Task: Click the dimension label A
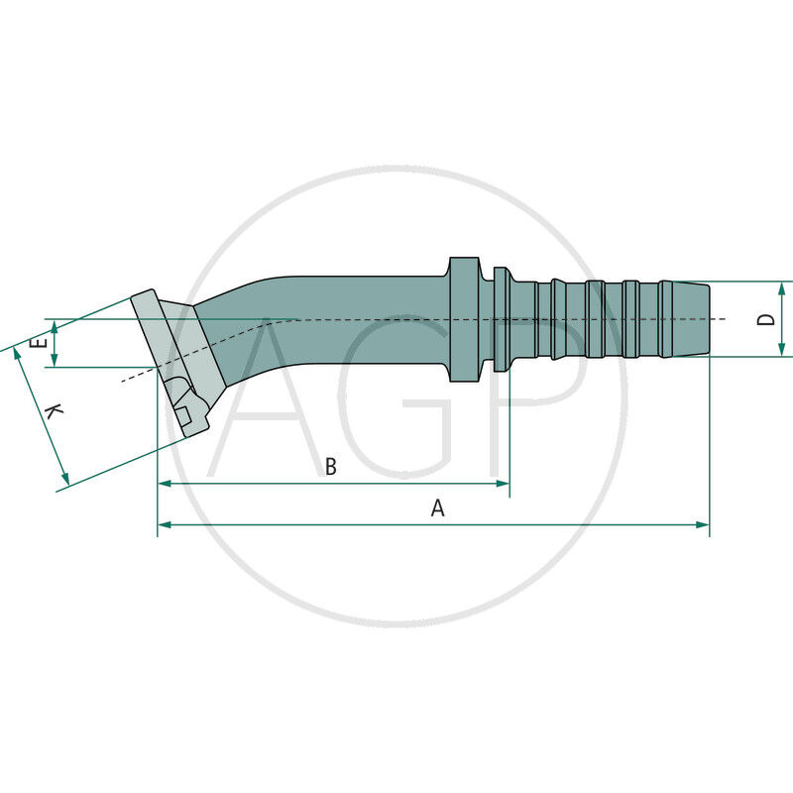coord(437,509)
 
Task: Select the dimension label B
coord(331,467)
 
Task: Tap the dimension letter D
coord(764,319)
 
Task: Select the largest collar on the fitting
coord(463,319)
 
